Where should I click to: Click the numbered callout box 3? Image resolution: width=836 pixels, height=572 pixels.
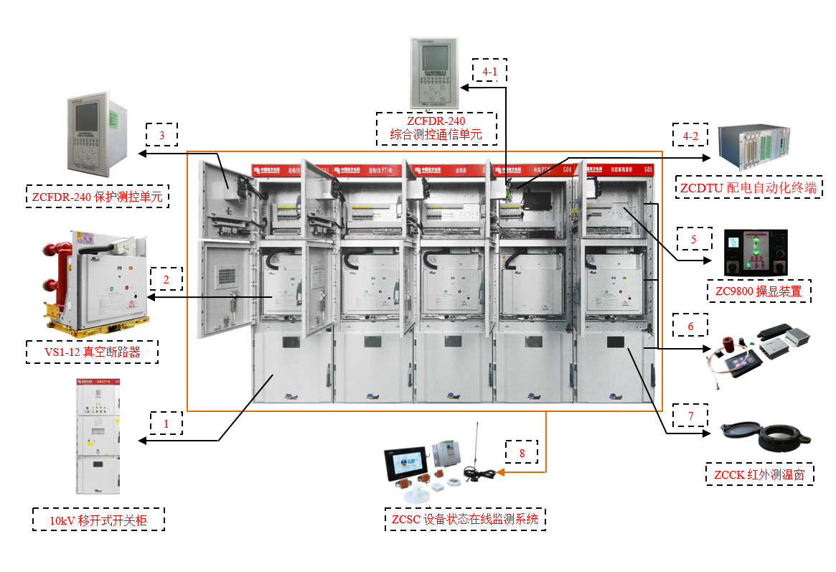161,135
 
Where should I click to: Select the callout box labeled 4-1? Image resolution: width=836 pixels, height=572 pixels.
489,71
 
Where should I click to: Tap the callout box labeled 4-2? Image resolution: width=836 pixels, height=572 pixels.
690,135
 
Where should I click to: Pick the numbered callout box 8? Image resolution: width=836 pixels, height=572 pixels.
522,453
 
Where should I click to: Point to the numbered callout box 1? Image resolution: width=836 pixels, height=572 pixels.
166,423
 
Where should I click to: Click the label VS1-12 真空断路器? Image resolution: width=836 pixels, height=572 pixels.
91,352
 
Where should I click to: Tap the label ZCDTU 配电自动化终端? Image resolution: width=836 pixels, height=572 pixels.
749,188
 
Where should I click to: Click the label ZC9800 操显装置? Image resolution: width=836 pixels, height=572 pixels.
758,291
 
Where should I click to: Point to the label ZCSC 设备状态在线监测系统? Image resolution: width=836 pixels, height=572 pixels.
465,519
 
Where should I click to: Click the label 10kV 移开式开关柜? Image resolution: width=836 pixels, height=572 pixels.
99,519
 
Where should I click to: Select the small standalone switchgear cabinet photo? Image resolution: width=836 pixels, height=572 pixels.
98,436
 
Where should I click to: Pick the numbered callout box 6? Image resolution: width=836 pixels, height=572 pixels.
690,326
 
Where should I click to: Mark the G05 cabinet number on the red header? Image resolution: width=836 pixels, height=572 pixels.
648,170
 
